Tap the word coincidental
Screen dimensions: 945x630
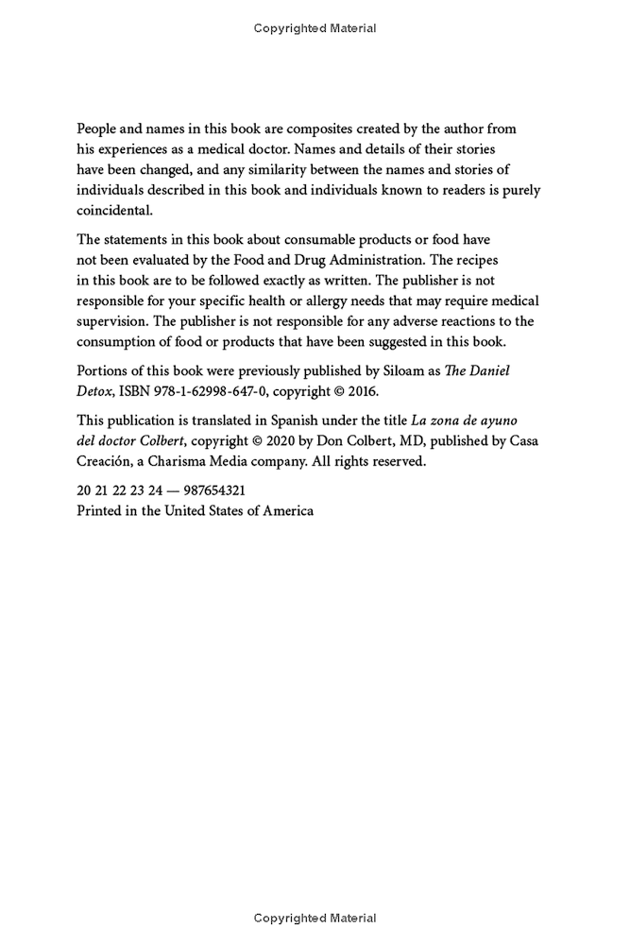click(114, 210)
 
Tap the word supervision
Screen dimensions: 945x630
click(112, 321)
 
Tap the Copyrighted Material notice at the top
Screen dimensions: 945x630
click(315, 28)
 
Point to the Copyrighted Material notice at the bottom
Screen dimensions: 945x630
click(315, 919)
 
